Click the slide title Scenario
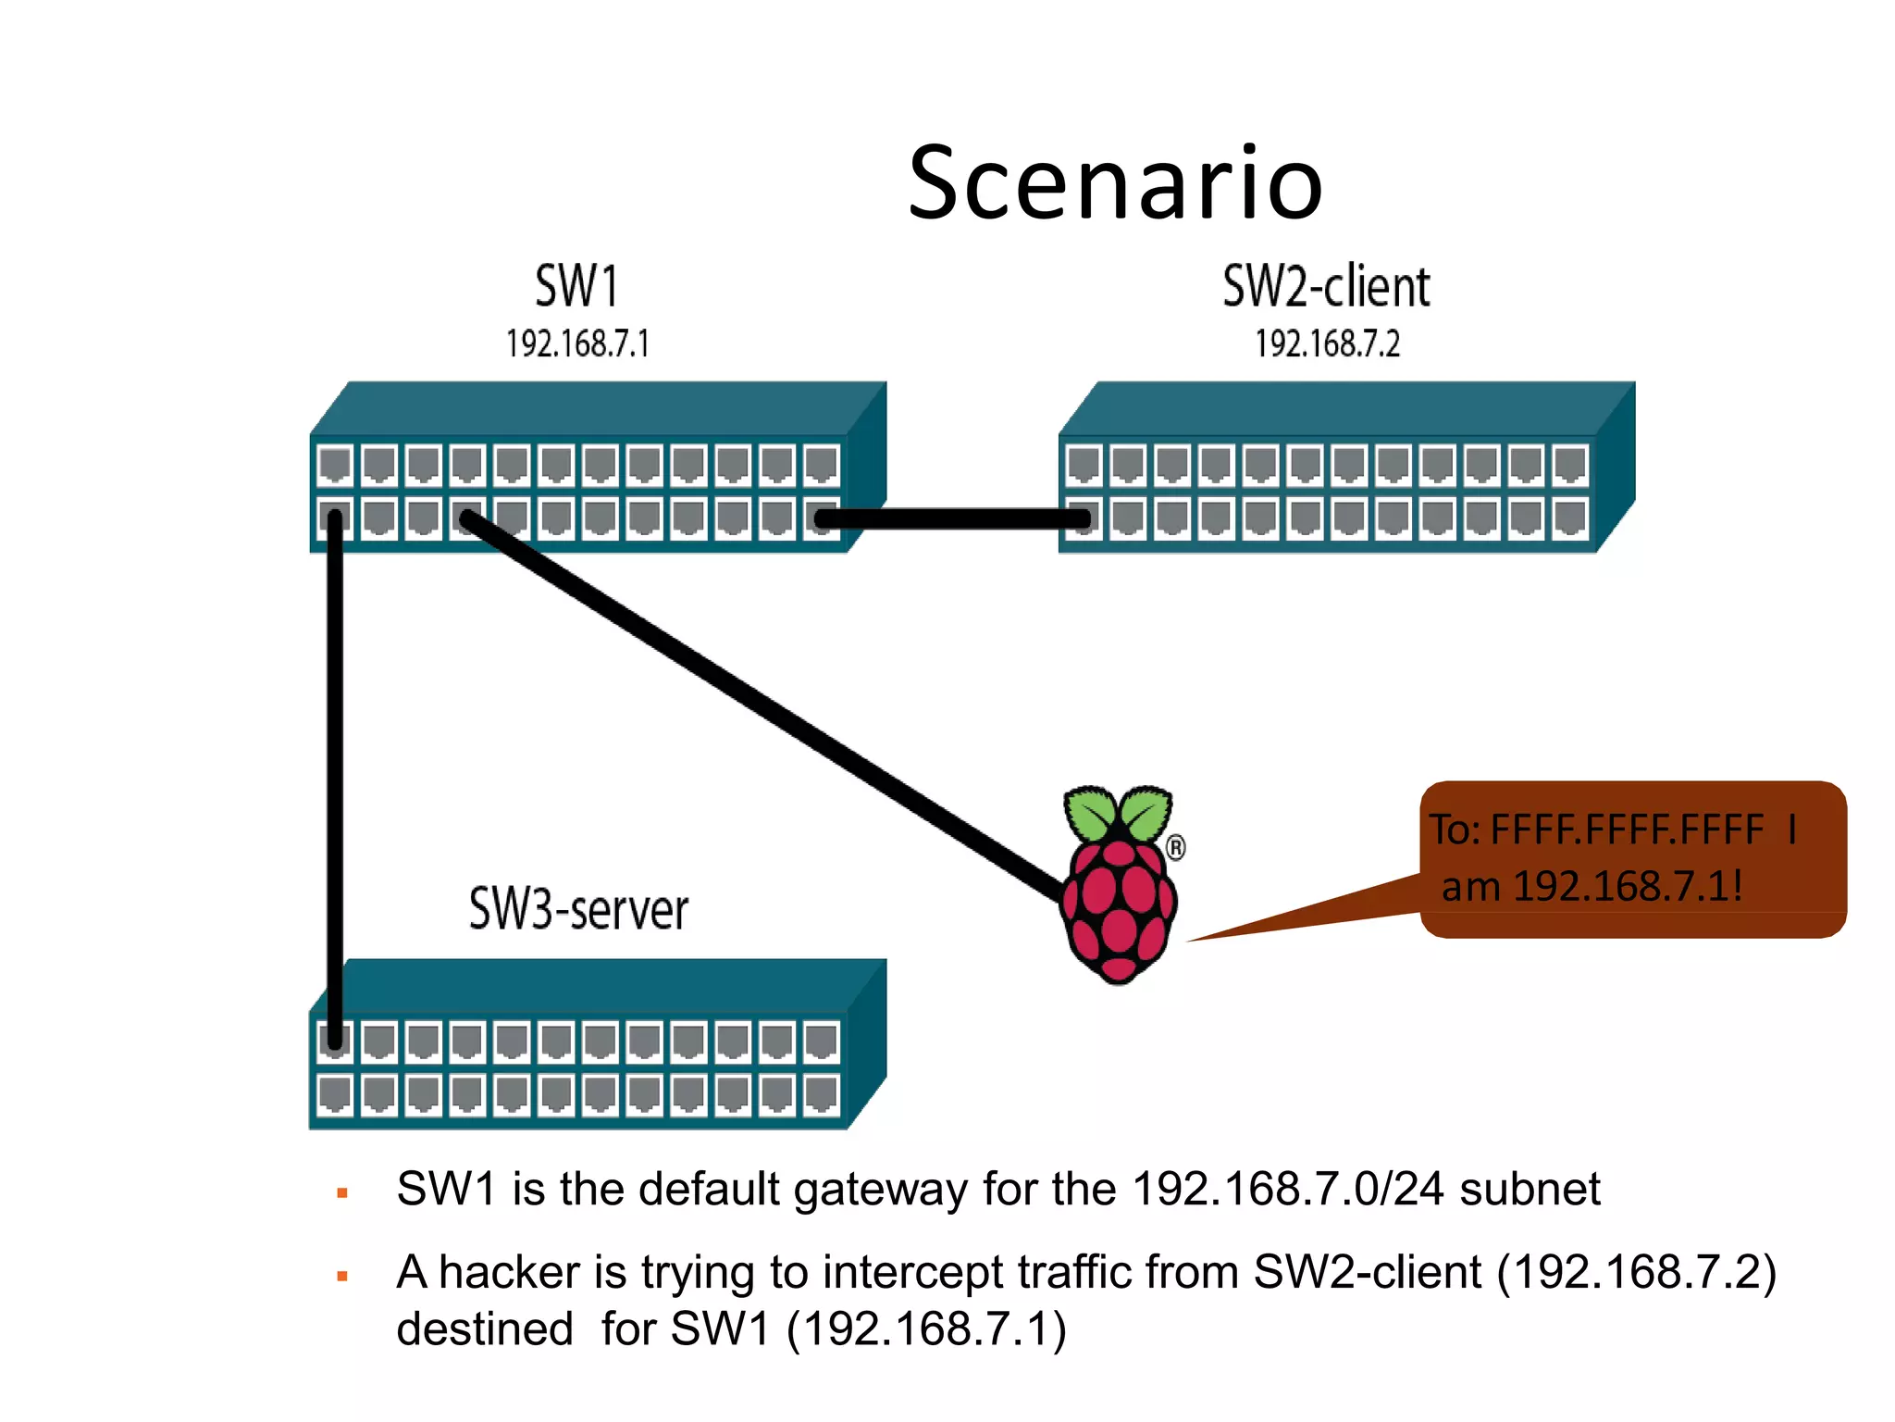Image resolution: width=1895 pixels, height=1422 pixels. pos(1115,183)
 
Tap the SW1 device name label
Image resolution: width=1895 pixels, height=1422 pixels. pos(576,286)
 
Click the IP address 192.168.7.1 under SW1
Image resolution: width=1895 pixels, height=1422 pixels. pos(577,344)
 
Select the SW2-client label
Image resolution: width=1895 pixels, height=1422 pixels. pos(1326,286)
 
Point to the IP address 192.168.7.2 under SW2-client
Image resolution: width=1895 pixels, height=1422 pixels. pos(1327,344)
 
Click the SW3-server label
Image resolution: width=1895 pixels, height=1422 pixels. pos(578,909)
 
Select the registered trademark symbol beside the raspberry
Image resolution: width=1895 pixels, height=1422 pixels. pos(1175,847)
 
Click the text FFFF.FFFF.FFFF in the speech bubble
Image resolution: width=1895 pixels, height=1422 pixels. pos(1627,829)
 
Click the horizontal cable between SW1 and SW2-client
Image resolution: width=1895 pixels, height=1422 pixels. pos(953,518)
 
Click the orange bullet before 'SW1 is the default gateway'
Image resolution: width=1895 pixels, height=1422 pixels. pos(342,1193)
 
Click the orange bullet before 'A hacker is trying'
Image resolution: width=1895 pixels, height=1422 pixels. pos(342,1277)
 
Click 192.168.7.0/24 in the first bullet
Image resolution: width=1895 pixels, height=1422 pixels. pos(1287,1189)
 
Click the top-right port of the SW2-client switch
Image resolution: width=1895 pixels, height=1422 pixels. pos(1570,465)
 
